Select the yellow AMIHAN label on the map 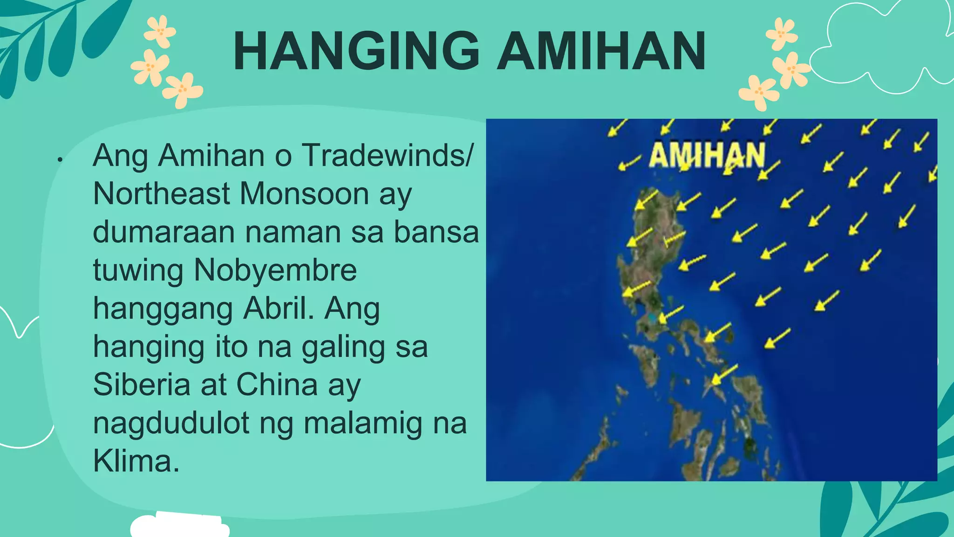point(707,155)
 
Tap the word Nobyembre point(275,270)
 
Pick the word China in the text point(277,385)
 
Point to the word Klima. point(136,461)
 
